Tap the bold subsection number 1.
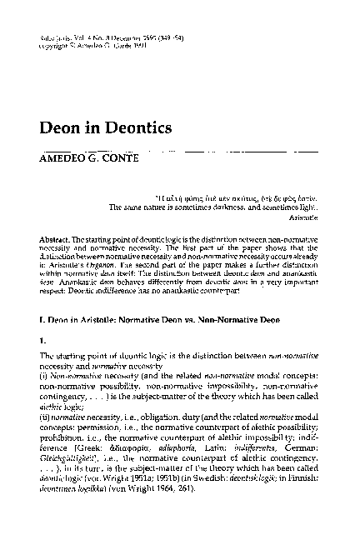click(43, 340)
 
